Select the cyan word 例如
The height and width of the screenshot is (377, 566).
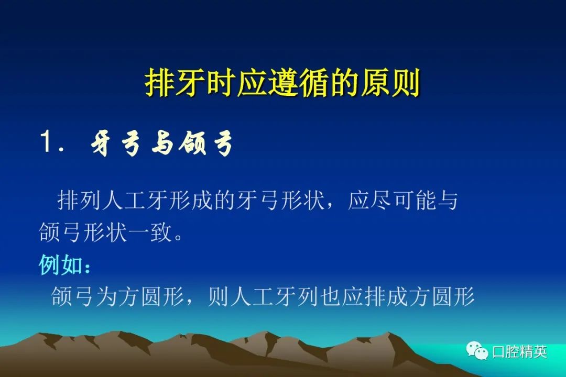(60, 265)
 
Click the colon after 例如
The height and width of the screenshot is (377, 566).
(87, 268)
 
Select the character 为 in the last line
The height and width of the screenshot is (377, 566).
(106, 296)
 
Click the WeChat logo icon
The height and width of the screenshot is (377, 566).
(477, 350)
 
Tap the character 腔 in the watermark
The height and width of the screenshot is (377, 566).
(512, 352)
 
